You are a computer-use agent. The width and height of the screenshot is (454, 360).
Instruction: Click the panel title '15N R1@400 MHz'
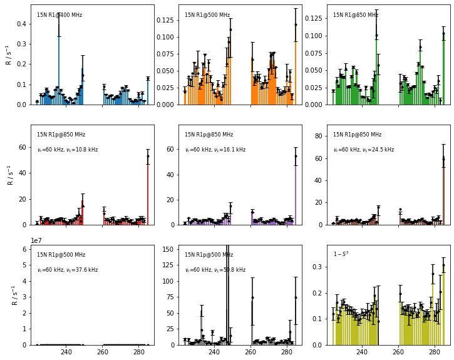click(59, 15)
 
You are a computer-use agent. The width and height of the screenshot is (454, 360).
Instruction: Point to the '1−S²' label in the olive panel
click(341, 254)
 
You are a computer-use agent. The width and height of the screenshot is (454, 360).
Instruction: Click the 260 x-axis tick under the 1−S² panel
click(398, 352)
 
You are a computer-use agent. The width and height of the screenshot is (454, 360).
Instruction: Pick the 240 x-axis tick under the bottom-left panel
click(66, 352)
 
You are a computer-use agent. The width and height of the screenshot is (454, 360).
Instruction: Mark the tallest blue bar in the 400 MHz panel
click(59, 63)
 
